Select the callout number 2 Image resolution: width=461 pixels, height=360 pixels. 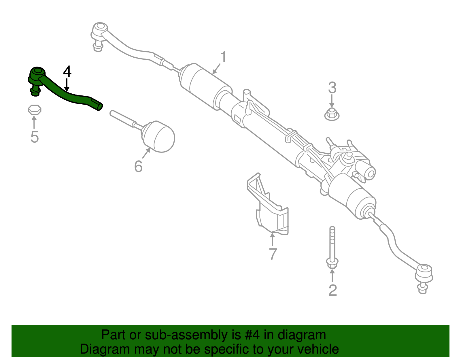click(x=332, y=290)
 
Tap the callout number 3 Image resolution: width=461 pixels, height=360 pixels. click(x=332, y=88)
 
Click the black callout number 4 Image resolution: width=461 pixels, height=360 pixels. click(x=67, y=72)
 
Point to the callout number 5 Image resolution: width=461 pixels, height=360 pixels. click(x=34, y=137)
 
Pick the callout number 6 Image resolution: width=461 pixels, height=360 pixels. click(x=138, y=166)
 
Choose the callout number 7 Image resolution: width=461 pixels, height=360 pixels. click(x=273, y=254)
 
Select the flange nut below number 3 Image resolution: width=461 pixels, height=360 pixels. click(x=332, y=114)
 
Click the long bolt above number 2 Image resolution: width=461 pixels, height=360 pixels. click(x=332, y=248)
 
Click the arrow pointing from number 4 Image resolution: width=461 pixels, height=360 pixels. click(x=67, y=85)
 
